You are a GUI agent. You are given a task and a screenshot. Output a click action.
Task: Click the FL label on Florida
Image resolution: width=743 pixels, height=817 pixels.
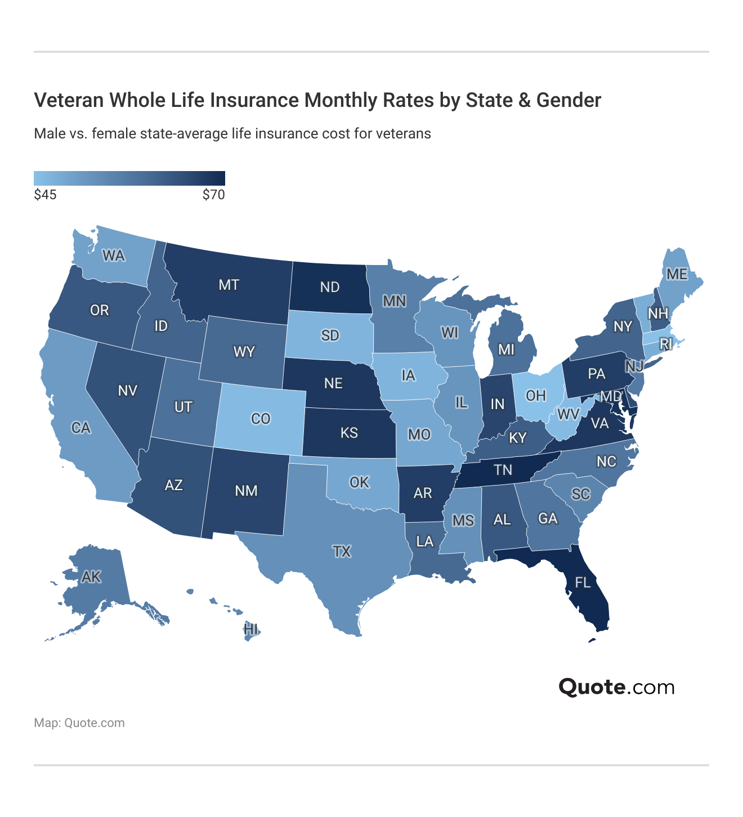point(583,582)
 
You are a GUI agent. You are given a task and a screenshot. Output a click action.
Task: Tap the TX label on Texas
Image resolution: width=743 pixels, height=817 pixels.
point(342,551)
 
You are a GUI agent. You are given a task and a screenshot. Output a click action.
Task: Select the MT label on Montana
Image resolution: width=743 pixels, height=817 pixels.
point(229,285)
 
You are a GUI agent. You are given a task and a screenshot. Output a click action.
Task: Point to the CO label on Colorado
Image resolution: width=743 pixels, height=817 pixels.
point(261,419)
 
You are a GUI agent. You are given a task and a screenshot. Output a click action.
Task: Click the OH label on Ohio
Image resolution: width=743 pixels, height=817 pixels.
point(536,396)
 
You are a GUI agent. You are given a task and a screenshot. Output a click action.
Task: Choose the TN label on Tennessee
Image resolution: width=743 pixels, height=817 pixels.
point(503,470)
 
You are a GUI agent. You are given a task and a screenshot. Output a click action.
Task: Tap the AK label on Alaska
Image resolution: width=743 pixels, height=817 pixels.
point(91,577)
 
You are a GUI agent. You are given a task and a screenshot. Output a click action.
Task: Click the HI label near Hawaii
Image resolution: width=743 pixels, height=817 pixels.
point(251,629)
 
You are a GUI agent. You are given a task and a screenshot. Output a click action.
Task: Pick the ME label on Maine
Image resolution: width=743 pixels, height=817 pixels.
point(677,274)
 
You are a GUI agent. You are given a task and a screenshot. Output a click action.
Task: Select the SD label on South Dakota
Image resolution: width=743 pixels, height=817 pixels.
point(330,335)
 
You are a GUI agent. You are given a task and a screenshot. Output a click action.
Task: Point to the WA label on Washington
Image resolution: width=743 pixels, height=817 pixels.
point(113,256)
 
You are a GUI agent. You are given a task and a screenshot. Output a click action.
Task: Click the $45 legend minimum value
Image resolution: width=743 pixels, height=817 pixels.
point(45,195)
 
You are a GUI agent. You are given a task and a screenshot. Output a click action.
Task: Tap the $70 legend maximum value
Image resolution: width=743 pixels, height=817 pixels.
point(213,195)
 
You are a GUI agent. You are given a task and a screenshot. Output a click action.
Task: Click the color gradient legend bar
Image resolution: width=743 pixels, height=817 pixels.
point(129,178)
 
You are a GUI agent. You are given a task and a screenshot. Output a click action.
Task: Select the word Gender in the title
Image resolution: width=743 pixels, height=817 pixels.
point(569,100)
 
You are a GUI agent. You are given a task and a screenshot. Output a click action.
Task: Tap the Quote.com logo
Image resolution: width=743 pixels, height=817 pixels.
point(616,687)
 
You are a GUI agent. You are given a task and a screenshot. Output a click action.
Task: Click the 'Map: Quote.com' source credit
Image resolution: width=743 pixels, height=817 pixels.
point(79,723)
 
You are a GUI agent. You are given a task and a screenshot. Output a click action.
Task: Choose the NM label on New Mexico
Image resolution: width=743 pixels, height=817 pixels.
point(246,491)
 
